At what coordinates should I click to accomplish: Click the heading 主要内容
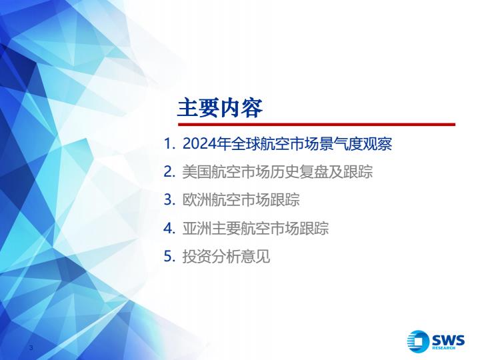(x=220, y=108)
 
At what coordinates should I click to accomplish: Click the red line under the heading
(x=317, y=124)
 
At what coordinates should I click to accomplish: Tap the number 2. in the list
(x=169, y=172)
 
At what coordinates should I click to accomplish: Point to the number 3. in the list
(x=169, y=200)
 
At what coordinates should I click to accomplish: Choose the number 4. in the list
(x=169, y=229)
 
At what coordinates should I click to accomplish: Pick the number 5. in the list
(x=169, y=257)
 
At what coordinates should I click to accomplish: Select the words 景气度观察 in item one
(x=355, y=144)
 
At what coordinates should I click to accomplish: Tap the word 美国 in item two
(x=197, y=172)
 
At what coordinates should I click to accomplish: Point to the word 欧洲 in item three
(x=197, y=200)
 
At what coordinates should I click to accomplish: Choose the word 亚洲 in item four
(x=197, y=229)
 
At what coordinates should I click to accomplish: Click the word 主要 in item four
(x=226, y=229)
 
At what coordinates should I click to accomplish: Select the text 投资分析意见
(x=226, y=257)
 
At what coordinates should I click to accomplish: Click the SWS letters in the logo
(x=448, y=340)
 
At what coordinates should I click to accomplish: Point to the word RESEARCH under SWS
(x=443, y=348)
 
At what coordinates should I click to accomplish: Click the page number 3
(x=31, y=347)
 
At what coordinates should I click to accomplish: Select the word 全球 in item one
(x=246, y=144)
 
